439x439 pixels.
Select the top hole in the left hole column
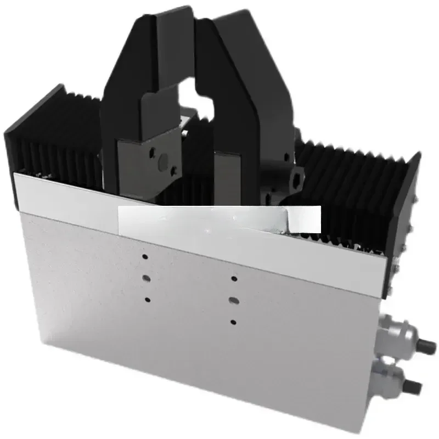(145, 257)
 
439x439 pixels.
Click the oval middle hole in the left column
(146, 278)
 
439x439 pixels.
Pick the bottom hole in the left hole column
(147, 299)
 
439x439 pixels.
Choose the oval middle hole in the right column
(233, 300)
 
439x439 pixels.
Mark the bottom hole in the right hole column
(233, 322)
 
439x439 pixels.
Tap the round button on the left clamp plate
(162, 161)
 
